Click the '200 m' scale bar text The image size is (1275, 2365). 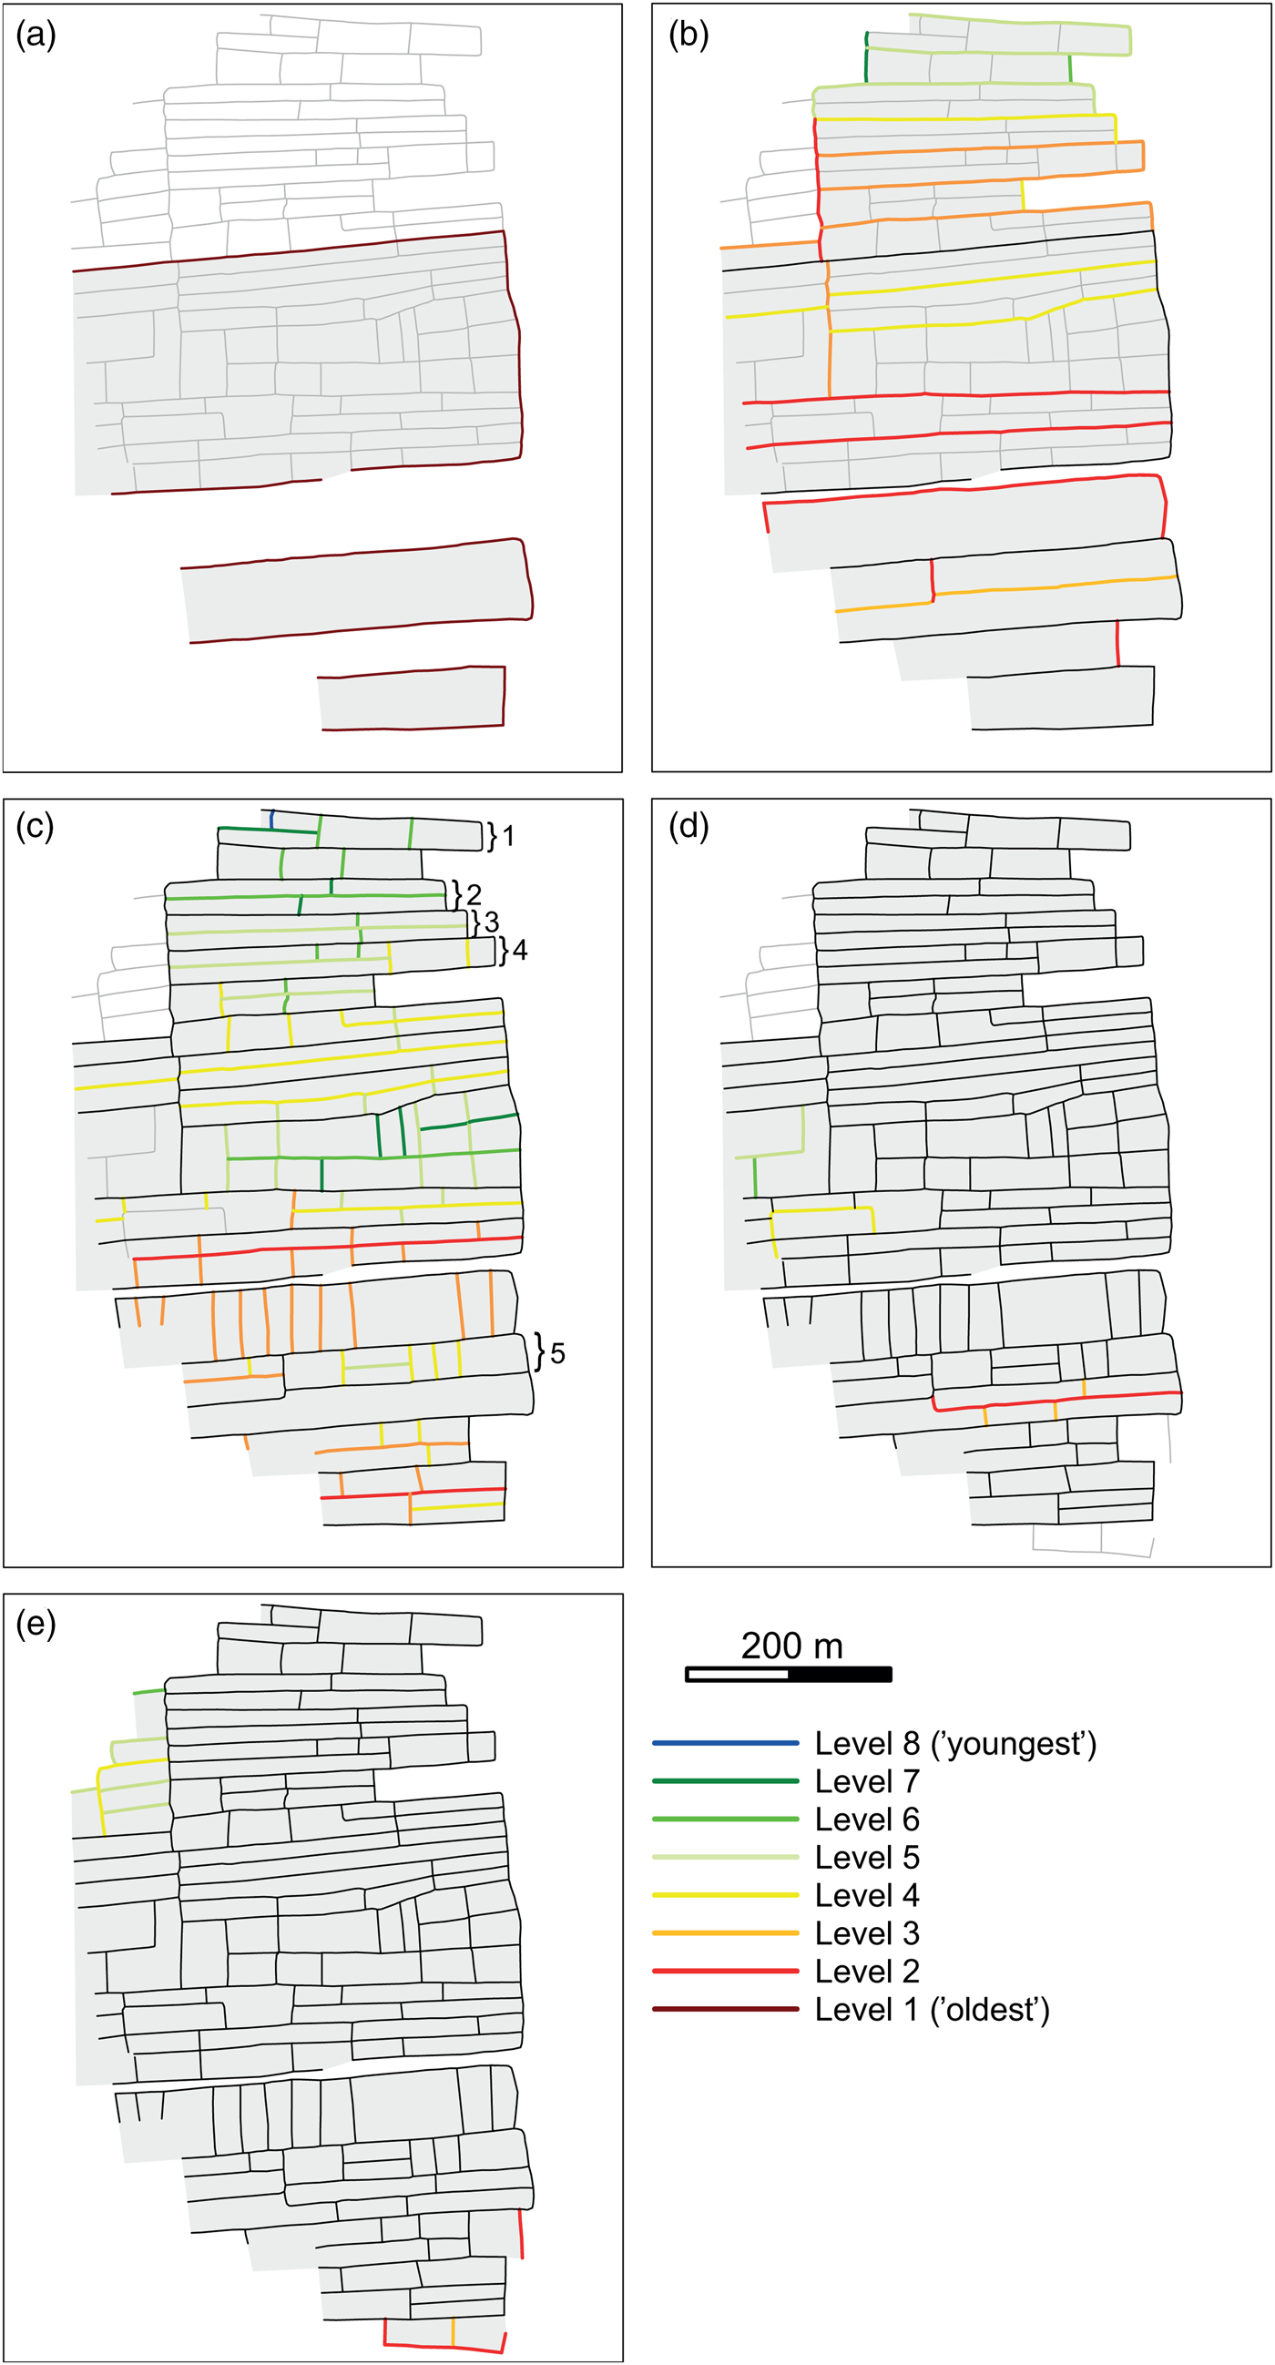pos(791,1646)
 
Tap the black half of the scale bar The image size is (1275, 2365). pos(840,1675)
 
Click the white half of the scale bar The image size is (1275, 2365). pos(737,1675)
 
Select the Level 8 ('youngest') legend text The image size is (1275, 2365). pos(955,1743)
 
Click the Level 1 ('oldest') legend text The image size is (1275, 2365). pos(932,2010)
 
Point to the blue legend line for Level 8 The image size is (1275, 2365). pos(725,1742)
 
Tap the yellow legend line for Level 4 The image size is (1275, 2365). pos(725,1895)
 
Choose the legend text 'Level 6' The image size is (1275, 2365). pos(866,1820)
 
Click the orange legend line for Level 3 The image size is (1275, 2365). pos(725,1933)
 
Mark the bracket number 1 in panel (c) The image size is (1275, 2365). pos(508,835)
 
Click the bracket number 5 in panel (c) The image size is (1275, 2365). pos(557,1353)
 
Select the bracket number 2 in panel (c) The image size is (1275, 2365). pos(474,894)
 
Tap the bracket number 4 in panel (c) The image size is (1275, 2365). pos(519,950)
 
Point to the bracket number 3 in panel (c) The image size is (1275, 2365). pos(491,921)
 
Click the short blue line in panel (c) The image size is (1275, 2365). pos(272,819)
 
